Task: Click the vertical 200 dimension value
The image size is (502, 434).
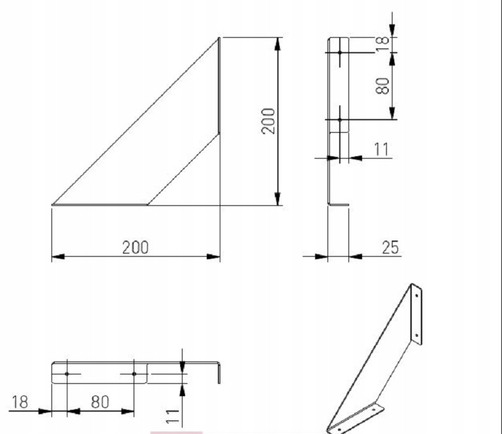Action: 267,121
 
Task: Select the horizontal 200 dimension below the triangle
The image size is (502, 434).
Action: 135,247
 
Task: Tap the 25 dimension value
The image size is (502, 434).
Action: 390,247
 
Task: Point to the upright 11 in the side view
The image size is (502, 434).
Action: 381,149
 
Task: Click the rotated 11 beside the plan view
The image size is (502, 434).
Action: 174,416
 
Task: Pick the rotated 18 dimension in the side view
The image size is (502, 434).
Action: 383,42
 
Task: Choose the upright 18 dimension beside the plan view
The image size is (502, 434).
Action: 20,402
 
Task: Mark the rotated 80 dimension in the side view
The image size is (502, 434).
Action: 383,85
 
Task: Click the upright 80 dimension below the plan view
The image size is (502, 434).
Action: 100,402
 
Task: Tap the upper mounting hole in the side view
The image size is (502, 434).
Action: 340,53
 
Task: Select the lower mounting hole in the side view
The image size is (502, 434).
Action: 340,119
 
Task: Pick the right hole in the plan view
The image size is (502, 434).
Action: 134,374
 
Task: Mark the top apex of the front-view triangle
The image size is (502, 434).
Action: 219,38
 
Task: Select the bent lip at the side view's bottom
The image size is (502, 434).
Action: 339,204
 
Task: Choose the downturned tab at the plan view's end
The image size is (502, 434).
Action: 219,374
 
